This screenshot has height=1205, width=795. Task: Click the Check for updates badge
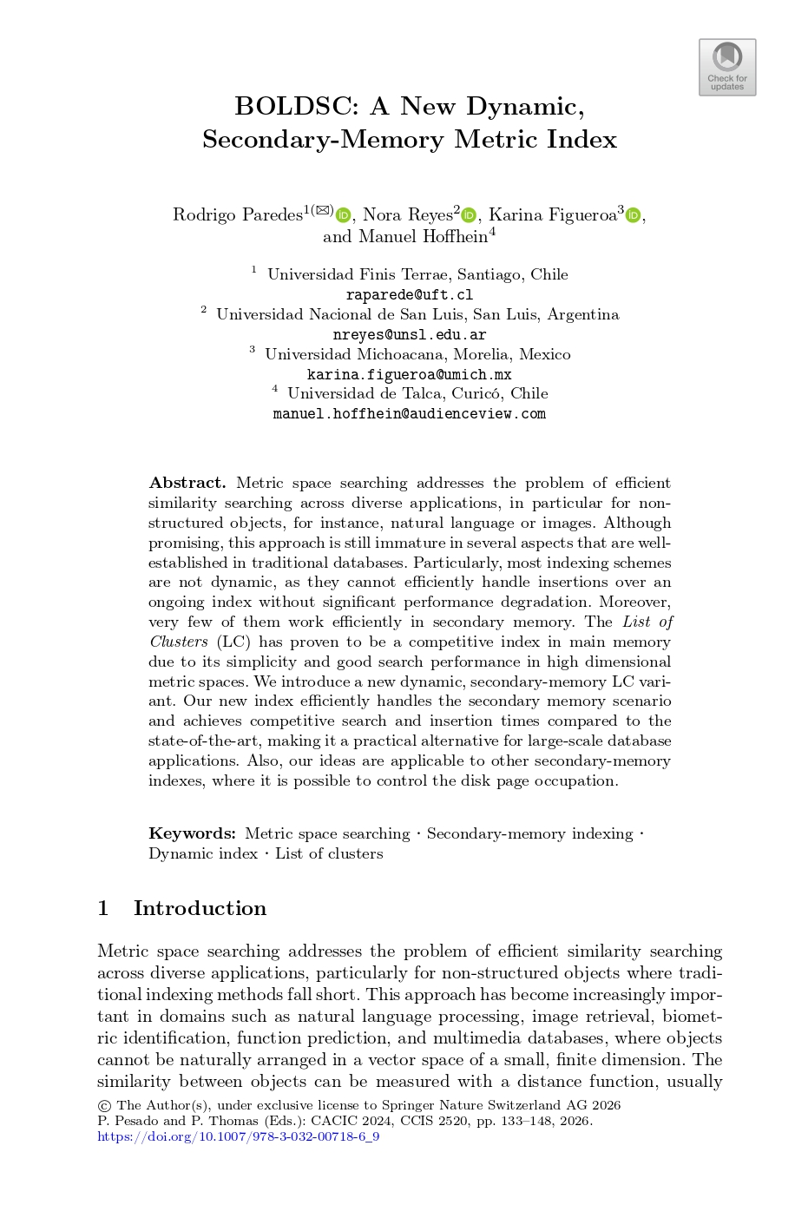[727, 67]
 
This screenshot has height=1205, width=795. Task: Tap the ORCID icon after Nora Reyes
[470, 215]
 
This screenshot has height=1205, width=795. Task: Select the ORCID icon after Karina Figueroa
[633, 215]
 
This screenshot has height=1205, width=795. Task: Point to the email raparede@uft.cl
[409, 295]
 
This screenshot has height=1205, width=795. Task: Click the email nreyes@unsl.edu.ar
[409, 335]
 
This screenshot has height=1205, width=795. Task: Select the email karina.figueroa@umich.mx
[409, 375]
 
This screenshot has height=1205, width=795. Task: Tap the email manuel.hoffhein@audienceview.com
[409, 414]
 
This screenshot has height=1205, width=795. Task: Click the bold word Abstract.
[187, 484]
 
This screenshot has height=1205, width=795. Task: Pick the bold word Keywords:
[192, 834]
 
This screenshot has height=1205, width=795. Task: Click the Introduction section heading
[200, 909]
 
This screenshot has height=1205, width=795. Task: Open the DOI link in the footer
[238, 1137]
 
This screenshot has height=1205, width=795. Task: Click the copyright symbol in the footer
[104, 1106]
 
